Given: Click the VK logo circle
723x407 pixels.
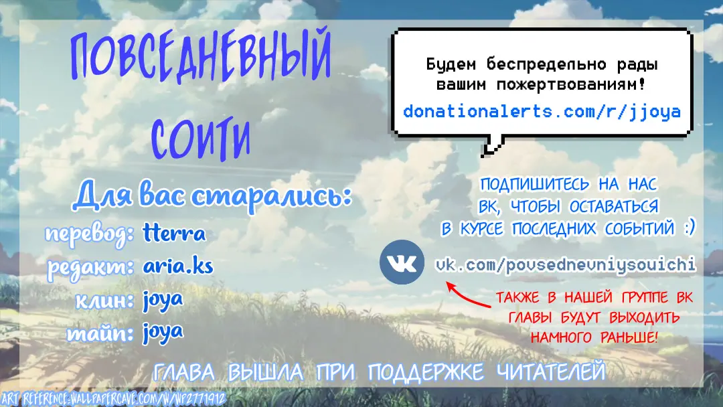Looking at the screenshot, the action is pyautogui.click(x=402, y=262).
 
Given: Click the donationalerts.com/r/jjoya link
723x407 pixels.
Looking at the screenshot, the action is pyautogui.click(x=542, y=112).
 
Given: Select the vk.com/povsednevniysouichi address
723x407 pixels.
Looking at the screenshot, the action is pyautogui.click(x=566, y=264).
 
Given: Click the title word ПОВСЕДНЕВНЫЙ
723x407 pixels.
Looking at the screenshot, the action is pyautogui.click(x=200, y=58).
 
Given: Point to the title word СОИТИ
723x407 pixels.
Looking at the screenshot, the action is pyautogui.click(x=201, y=139).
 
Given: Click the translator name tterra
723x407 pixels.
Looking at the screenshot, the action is pyautogui.click(x=174, y=233).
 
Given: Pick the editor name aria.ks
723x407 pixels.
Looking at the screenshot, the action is pyautogui.click(x=178, y=266).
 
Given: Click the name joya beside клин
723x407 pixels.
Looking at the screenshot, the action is pyautogui.click(x=163, y=301).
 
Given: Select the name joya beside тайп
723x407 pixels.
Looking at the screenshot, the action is pyautogui.click(x=163, y=333).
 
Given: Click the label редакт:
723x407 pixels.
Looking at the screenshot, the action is pyautogui.click(x=91, y=267).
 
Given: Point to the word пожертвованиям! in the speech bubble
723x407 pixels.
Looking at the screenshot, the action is pyautogui.click(x=571, y=85).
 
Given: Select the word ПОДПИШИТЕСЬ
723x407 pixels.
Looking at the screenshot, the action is pyautogui.click(x=535, y=184).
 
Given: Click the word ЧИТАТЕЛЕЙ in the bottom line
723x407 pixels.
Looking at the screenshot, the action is pyautogui.click(x=551, y=372).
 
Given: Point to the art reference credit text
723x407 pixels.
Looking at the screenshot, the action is pyautogui.click(x=113, y=399).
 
